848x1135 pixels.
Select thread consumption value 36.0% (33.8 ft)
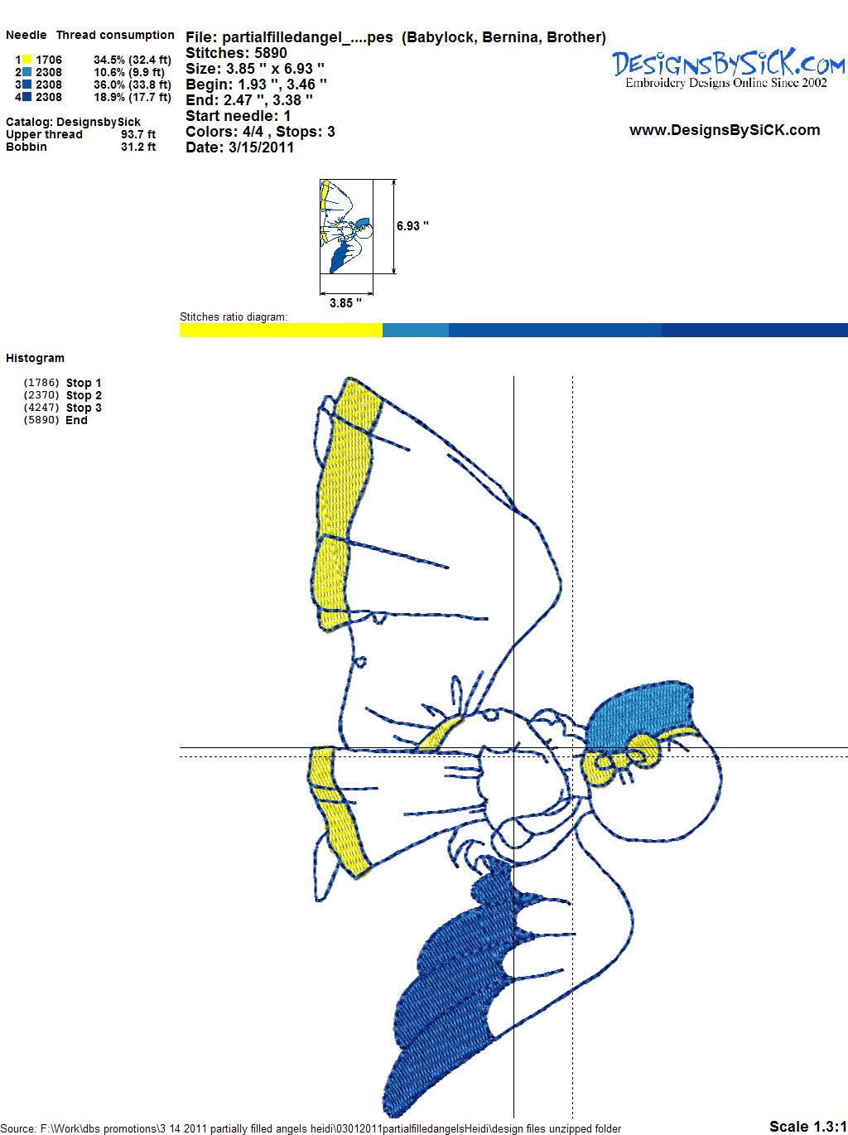(132, 85)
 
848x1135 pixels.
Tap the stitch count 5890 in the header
(270, 53)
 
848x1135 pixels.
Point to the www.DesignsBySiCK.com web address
(725, 130)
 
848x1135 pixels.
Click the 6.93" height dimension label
(412, 226)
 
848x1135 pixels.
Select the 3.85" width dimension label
(345, 302)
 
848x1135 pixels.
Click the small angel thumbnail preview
(345, 226)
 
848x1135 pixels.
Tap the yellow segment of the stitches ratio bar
(281, 330)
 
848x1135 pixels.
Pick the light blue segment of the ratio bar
(416, 330)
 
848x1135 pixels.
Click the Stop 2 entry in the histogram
(84, 395)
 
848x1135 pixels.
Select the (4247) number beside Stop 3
(41, 408)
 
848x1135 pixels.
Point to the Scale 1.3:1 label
(807, 1126)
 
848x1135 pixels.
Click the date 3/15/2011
(261, 147)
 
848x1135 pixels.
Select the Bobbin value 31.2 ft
(138, 147)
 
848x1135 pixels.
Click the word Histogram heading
(35, 358)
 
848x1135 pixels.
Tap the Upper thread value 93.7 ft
(138, 134)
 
